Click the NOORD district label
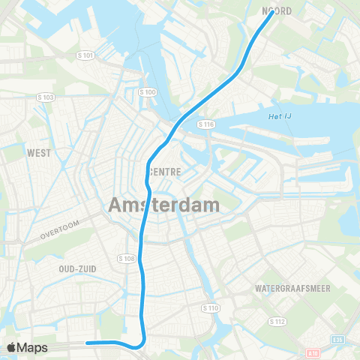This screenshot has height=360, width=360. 277,11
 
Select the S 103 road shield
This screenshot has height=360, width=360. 46,97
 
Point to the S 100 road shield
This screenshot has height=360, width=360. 148,91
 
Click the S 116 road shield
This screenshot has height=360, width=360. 207,123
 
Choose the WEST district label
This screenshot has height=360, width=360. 39,153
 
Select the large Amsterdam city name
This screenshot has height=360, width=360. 164,204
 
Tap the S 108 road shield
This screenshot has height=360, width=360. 126,258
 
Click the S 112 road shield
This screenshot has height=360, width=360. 277,321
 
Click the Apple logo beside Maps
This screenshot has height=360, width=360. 12,347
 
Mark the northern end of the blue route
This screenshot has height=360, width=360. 271,13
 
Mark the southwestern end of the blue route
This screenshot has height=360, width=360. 88,343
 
